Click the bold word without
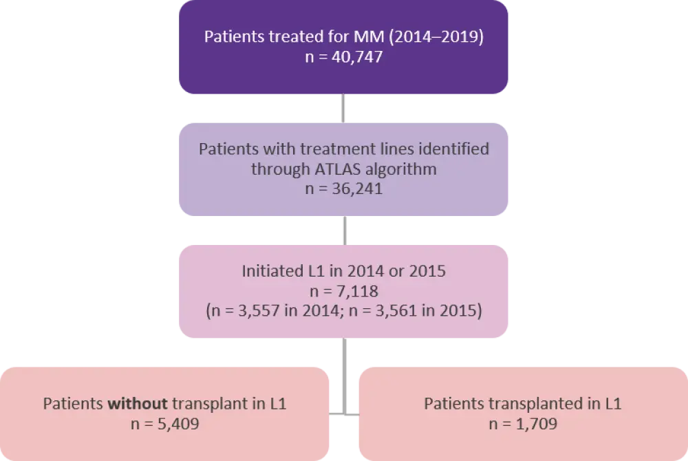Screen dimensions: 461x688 (x=135, y=404)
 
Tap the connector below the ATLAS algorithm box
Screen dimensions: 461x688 (x=344, y=231)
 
